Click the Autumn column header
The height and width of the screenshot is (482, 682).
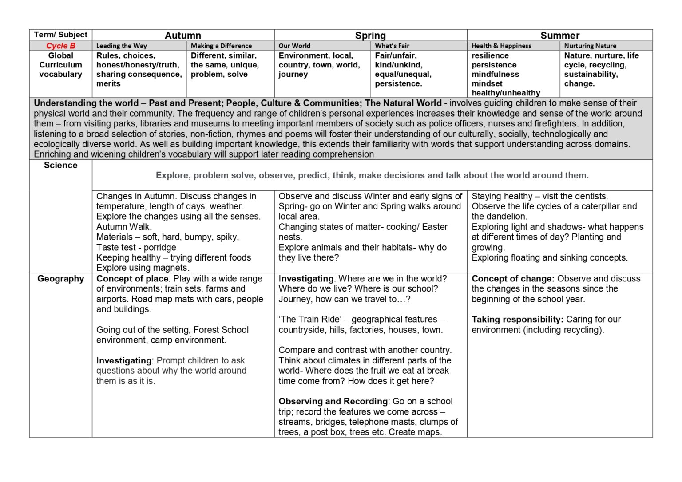click(x=182, y=36)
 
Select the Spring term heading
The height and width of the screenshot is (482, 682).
click(x=370, y=36)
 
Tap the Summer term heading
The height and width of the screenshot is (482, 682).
click(x=559, y=36)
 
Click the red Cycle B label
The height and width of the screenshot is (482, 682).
click(x=61, y=46)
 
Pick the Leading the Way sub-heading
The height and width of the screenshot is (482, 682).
click(x=121, y=46)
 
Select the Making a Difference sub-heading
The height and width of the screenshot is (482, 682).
click(x=221, y=46)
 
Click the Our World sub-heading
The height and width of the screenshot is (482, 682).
click(x=294, y=46)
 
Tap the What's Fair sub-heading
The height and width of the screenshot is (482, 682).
click(x=392, y=46)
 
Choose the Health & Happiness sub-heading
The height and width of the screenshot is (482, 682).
click(x=501, y=46)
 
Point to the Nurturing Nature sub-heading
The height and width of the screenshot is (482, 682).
click(x=590, y=46)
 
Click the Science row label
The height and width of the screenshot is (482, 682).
click(x=61, y=165)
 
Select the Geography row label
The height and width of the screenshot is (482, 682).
click(x=61, y=279)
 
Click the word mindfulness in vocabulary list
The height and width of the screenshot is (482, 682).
click(x=495, y=74)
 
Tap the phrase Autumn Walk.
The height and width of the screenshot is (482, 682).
click(x=124, y=227)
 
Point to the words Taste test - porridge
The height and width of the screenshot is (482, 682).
click(x=136, y=248)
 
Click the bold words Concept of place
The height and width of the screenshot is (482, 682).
click(x=132, y=279)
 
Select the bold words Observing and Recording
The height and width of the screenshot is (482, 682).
click(x=333, y=401)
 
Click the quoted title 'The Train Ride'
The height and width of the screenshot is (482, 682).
click(x=309, y=320)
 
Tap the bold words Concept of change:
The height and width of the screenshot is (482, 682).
click(x=513, y=279)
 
